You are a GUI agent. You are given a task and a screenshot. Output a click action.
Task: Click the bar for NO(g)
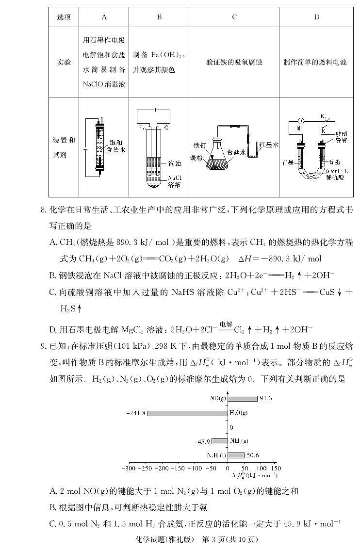click(x=242, y=398)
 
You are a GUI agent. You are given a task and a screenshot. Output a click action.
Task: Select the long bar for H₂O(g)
click(x=187, y=413)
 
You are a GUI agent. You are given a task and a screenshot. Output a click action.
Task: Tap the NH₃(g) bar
click(x=219, y=441)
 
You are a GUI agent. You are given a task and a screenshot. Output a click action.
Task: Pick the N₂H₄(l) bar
click(x=236, y=455)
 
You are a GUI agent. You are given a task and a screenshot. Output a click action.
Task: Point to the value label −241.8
click(x=136, y=413)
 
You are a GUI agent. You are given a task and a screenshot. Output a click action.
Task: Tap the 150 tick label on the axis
click(x=276, y=469)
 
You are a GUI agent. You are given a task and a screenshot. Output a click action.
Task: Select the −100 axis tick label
click(x=195, y=469)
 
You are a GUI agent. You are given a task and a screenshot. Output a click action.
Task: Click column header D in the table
click(x=316, y=17)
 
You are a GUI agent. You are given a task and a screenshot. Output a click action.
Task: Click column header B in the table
click(x=159, y=17)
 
